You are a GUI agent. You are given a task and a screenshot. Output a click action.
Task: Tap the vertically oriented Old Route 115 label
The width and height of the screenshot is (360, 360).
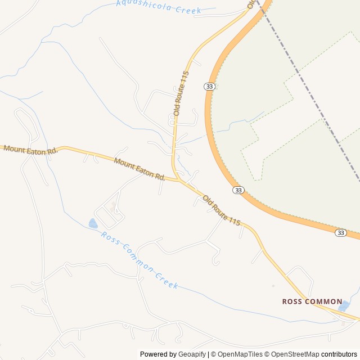(181, 93)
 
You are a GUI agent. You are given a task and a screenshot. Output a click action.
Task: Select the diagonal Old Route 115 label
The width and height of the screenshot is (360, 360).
(222, 211)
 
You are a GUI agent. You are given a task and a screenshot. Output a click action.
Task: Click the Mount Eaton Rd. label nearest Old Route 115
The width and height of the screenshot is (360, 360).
(139, 169)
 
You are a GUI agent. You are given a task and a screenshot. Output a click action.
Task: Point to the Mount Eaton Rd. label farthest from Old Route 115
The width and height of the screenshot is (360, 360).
(30, 150)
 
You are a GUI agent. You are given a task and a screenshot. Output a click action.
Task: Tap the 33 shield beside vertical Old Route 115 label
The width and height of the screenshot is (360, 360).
(209, 86)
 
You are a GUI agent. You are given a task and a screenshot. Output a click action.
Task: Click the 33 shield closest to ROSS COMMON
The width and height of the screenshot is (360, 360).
(340, 232)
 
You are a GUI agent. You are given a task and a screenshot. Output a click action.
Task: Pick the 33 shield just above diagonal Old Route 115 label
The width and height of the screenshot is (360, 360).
(238, 190)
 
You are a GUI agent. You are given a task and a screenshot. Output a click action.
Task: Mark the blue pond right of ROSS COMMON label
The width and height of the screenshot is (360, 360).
(344, 307)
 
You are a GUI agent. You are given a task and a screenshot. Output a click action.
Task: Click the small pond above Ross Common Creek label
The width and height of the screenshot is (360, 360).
(93, 224)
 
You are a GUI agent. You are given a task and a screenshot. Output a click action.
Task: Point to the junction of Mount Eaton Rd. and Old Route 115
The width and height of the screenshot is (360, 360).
(179, 181)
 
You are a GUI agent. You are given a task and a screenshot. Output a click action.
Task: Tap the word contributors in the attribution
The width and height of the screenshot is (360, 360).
(339, 354)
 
